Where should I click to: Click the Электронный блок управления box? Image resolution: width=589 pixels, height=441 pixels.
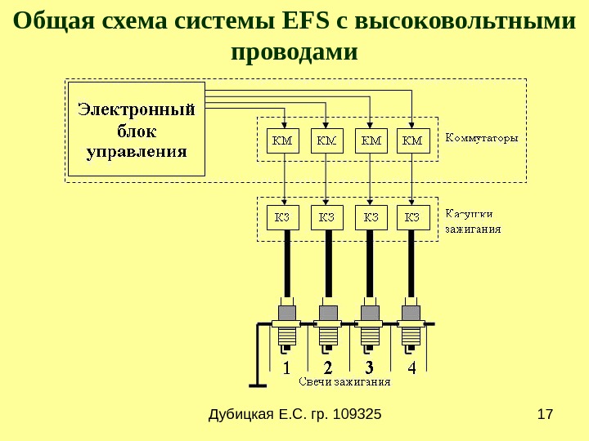point(136,129)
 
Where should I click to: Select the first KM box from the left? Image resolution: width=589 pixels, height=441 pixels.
point(283,140)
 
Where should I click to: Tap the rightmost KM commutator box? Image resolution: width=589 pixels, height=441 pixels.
point(412,140)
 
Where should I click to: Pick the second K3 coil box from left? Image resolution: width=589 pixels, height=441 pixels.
point(326,217)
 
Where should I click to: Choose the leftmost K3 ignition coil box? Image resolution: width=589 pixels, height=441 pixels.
point(283,217)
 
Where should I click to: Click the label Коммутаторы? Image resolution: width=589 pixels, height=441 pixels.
point(481,137)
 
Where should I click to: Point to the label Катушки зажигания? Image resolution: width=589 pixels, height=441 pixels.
point(472,220)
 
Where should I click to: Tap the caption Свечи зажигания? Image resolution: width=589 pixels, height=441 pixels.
point(343,381)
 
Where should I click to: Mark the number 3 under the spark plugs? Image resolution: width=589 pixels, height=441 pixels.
point(370,367)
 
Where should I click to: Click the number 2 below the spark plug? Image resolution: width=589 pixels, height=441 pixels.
point(327,367)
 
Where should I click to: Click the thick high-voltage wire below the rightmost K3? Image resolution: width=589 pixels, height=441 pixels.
point(411,261)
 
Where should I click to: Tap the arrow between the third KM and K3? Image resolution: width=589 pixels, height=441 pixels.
point(370,175)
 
